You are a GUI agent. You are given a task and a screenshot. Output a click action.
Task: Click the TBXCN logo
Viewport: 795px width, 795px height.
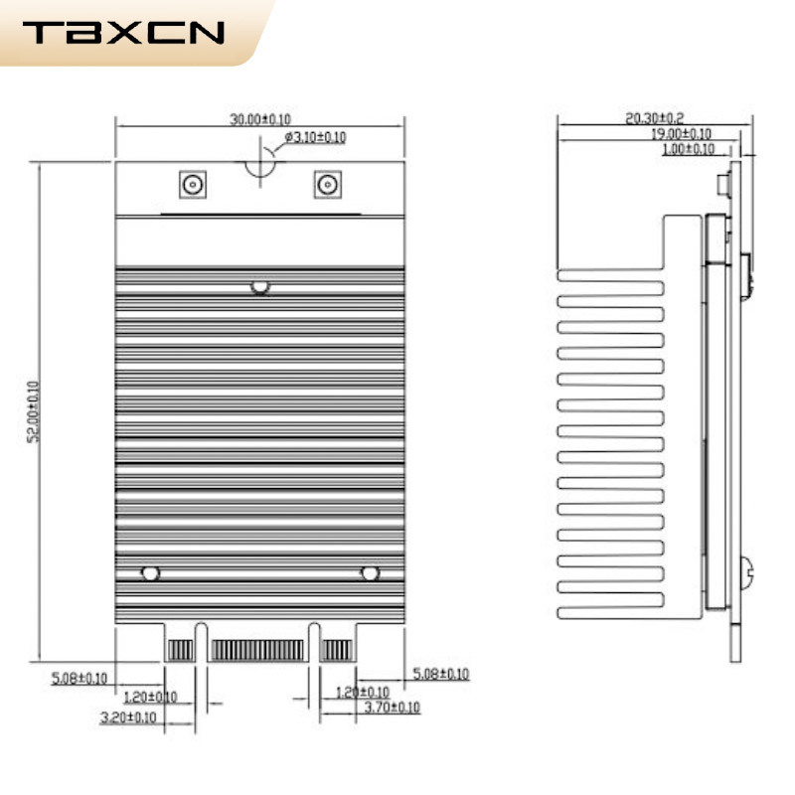123,33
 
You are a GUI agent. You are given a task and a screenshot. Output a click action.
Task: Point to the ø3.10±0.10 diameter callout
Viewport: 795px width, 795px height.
315,137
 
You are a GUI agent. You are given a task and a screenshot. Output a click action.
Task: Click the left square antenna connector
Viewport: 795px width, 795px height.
191,184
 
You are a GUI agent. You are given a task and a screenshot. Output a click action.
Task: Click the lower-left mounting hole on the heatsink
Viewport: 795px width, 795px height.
150,573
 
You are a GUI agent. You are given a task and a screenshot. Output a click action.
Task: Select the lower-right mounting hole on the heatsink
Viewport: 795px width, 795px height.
370,573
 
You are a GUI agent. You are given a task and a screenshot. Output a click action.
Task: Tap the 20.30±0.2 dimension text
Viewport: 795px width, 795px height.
654,118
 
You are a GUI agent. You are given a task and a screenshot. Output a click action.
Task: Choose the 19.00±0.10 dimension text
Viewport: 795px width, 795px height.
681,133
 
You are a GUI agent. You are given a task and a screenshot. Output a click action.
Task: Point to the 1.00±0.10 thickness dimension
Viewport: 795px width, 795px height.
688,149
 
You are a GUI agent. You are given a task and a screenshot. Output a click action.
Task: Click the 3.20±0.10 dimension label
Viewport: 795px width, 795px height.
128,715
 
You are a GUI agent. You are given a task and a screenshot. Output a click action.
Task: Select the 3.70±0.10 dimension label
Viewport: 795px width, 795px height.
393,708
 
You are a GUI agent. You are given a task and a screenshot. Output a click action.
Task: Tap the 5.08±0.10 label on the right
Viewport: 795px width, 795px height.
440,674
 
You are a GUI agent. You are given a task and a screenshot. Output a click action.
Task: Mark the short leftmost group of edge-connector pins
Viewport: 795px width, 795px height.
179,651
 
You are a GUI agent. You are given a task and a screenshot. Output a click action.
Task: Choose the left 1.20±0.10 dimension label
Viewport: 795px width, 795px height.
149,697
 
